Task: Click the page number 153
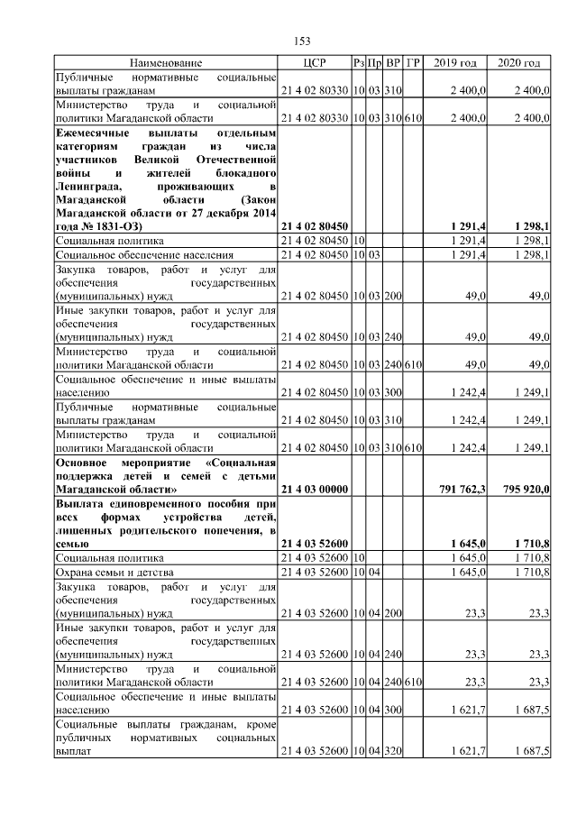click(303, 41)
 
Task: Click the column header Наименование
click(166, 63)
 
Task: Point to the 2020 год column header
click(519, 63)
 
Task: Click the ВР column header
click(393, 63)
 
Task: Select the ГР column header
click(413, 63)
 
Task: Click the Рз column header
click(359, 63)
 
